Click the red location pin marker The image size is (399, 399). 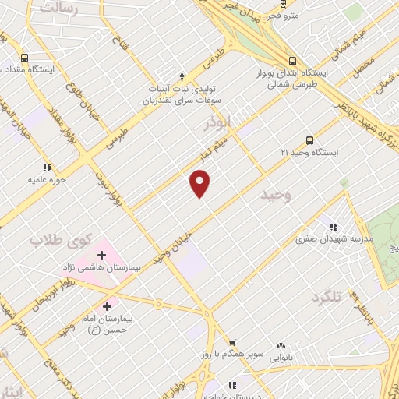tap(200, 185)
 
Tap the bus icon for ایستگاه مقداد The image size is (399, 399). tap(24, 58)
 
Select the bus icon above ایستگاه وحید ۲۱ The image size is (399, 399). tap(310, 140)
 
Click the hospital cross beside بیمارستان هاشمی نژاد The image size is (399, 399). tap(101, 254)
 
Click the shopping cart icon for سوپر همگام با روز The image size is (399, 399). tap(231, 341)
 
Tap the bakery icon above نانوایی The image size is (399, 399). tap(281, 345)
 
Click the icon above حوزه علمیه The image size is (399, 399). tap(47, 167)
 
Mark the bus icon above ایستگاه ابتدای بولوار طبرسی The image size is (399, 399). tap(293, 59)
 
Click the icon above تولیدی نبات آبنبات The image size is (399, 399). tap(182, 76)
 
